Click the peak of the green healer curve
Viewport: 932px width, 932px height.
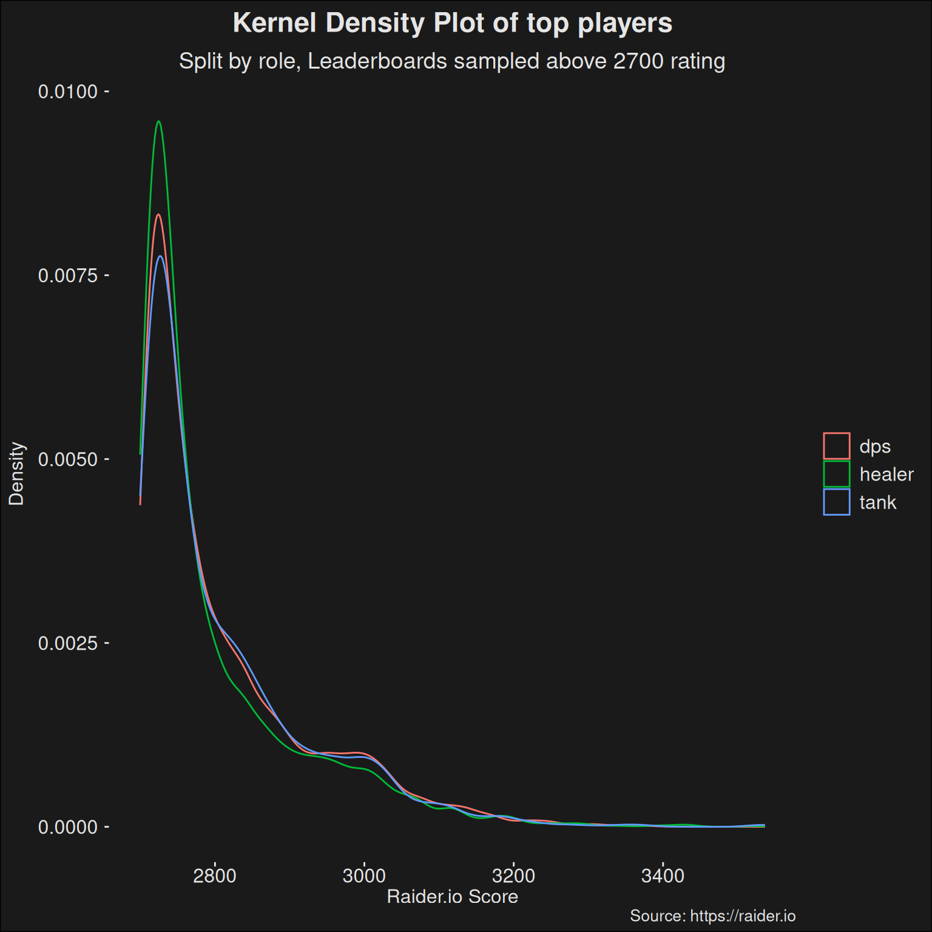coord(158,121)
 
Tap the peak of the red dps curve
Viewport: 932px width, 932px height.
coord(158,214)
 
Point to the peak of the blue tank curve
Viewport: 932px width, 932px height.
coord(160,256)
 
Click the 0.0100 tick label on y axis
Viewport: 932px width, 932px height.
coord(67,92)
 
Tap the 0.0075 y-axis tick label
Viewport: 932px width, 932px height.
coord(67,275)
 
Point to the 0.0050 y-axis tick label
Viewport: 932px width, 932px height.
coord(67,459)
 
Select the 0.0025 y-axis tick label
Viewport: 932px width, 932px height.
coord(67,643)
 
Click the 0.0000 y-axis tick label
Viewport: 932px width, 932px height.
coord(67,827)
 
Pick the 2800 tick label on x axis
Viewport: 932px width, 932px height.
coord(214,876)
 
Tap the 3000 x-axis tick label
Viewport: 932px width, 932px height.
coord(364,876)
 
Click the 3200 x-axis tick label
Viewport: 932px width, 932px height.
coord(513,876)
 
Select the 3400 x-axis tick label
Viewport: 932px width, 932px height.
coord(663,876)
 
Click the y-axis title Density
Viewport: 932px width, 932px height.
coord(16,474)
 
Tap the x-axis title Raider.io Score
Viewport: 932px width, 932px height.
coord(453,897)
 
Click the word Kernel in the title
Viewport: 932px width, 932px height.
coord(274,24)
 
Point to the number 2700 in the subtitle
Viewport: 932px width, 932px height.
coord(638,61)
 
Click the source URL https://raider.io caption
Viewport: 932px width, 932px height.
coord(743,916)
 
